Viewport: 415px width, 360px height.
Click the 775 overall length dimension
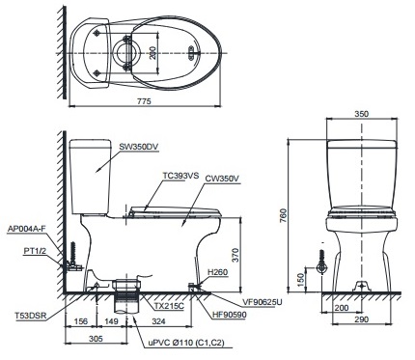point(144,101)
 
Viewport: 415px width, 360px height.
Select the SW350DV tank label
point(139,147)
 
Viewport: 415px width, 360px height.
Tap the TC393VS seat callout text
point(180,176)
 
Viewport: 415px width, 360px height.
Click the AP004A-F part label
point(27,229)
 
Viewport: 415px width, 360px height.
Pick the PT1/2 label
point(35,250)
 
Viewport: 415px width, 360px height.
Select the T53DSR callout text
point(31,316)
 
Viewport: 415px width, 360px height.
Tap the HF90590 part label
point(230,315)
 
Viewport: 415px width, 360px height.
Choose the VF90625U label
point(263,302)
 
